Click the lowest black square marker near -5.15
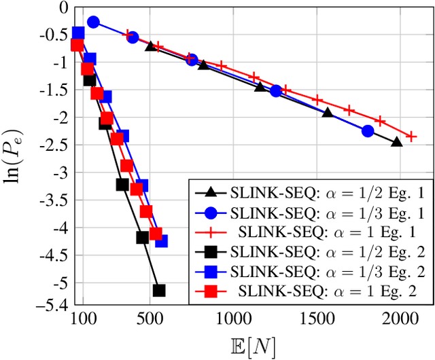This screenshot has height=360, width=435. tap(159, 290)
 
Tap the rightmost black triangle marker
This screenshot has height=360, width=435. tap(397, 141)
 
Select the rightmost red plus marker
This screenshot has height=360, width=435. tap(411, 137)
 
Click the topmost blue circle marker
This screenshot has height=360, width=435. tap(94, 22)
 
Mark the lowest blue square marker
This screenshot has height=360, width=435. tap(162, 241)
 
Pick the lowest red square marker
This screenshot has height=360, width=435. tap(156, 234)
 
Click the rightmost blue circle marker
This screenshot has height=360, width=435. tap(368, 131)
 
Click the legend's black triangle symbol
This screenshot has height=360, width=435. tap(211, 193)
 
